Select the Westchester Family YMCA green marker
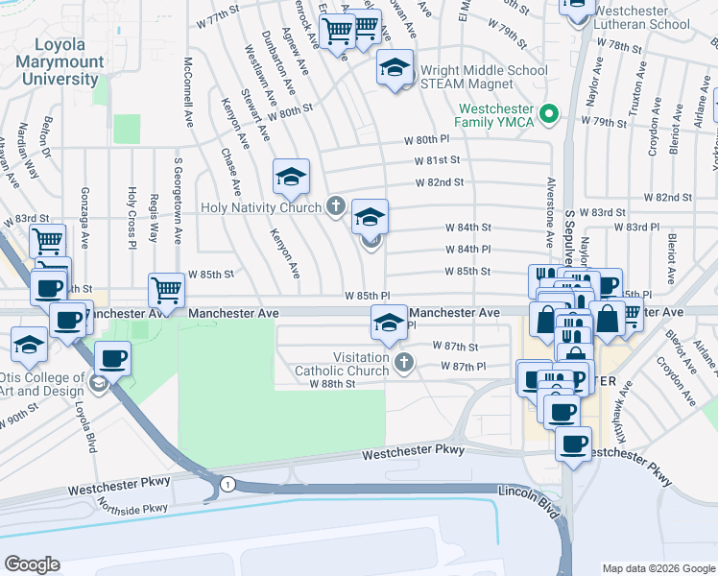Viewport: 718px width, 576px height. pos(549,115)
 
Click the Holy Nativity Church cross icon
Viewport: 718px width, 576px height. pos(336,204)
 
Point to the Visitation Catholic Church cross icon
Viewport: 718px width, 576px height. pos(404,363)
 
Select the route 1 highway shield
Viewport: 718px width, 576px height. pos(227,483)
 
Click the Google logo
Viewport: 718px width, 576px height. pos(32,564)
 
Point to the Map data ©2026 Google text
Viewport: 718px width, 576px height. pos(658,568)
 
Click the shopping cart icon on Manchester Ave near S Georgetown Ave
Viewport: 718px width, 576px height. pos(167,289)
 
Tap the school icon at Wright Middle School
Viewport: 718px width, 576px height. pos(394,68)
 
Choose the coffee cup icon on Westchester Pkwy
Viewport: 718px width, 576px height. pos(574,444)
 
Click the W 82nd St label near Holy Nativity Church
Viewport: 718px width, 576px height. pos(440,181)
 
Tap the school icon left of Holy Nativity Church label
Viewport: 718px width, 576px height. pos(291,176)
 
